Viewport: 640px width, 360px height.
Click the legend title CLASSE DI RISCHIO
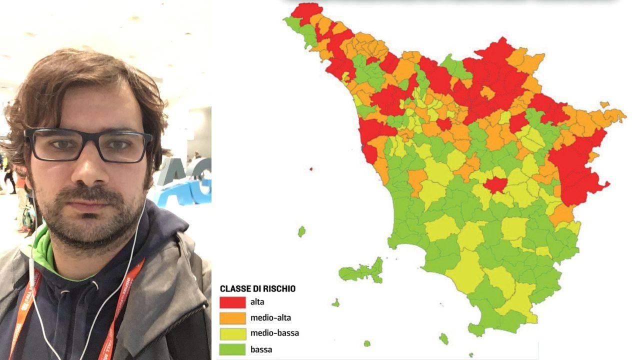[257, 289]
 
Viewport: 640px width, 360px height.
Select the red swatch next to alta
[232, 302]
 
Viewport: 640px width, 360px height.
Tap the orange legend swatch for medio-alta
[232, 318]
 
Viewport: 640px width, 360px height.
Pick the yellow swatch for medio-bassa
[232, 333]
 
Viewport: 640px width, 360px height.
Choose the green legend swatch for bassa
[232, 349]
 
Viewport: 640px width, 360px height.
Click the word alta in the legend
[257, 302]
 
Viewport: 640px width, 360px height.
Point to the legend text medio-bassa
[274, 333]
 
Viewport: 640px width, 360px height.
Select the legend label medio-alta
[270, 317]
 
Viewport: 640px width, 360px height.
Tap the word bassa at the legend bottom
[261, 349]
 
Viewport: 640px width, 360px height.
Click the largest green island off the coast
[361, 272]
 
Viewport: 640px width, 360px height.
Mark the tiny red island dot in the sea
[310, 169]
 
